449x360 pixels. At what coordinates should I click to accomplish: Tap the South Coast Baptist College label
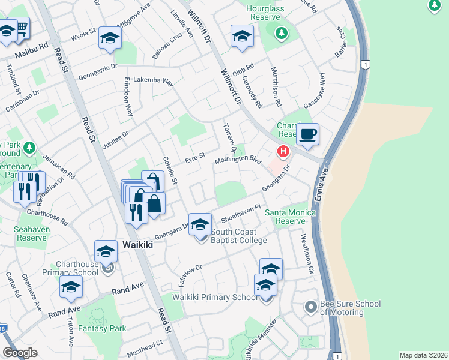pos(238,236)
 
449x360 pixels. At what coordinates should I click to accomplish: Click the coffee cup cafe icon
pos(308,134)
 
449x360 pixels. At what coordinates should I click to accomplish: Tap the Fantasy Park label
pos(105,328)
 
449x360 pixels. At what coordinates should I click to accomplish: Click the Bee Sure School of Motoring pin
pos(310,307)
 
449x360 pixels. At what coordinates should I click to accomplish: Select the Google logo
pos(20,353)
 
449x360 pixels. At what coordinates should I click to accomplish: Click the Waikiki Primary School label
pos(215,298)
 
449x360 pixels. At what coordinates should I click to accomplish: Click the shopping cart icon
pos(21,27)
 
